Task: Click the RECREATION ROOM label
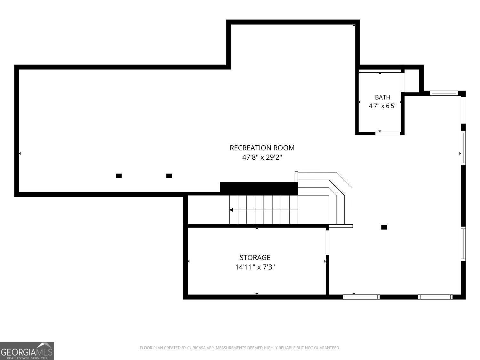pos(262,148)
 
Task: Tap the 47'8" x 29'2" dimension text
pos(262,157)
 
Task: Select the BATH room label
pos(382,97)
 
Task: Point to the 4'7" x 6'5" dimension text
pos(382,106)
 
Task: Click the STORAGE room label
pos(255,258)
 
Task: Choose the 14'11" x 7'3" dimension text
pos(255,267)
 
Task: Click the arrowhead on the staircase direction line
pos(231,210)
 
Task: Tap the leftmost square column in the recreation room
pos(119,176)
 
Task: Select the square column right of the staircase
pos(384,227)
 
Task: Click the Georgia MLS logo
pos(27,351)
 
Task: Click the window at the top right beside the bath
pos(444,93)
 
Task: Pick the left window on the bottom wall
pos(361,297)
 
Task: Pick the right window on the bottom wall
pos(435,297)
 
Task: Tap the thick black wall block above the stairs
pos(259,188)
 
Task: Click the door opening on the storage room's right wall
pos(327,243)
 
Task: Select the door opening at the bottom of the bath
pos(388,133)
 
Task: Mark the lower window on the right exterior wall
pos(463,244)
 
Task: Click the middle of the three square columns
pos(169,176)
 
